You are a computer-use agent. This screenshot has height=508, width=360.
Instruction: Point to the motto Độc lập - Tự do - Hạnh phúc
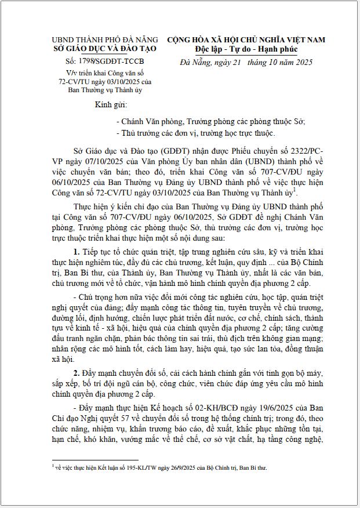[x=246, y=49]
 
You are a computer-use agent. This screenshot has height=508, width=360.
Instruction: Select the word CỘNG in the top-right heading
[x=180, y=40]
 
